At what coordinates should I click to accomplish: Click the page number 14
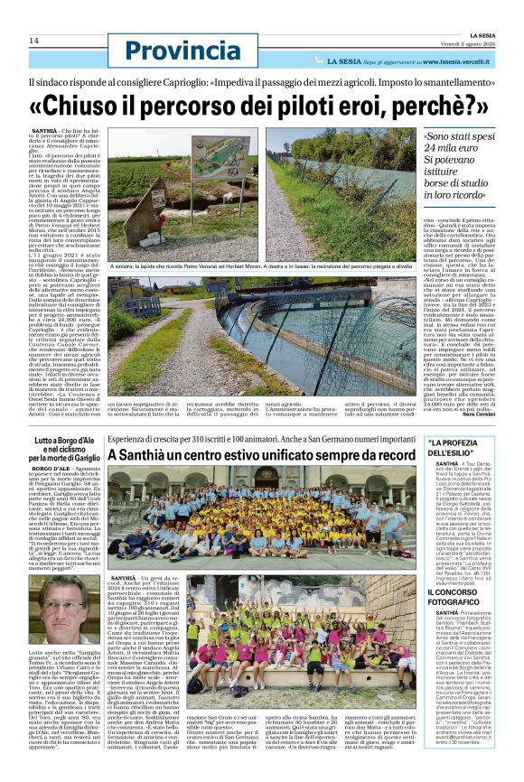click(33, 41)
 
